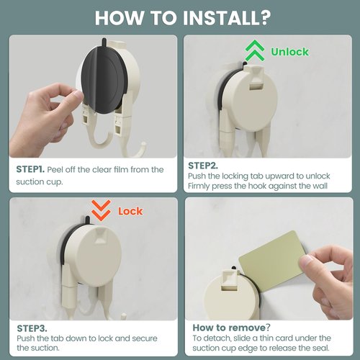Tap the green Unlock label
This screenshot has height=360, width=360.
289,52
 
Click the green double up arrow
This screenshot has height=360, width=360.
255,50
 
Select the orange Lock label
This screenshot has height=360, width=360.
130,211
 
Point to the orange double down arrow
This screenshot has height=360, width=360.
101,210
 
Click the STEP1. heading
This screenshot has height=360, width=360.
30,169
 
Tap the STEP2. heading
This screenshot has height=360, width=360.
203,166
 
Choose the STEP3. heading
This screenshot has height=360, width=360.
32,328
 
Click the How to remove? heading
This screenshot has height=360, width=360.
231,328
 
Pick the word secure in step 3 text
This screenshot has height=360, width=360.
145,338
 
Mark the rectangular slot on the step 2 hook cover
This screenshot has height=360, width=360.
256,86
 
